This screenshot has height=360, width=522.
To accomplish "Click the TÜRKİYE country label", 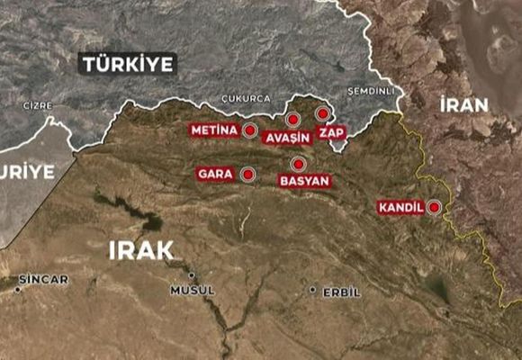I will [x=128, y=64].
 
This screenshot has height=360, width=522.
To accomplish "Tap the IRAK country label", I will [x=140, y=250].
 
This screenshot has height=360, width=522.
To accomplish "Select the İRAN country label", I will [x=463, y=104].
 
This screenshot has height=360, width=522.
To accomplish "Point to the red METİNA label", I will [x=213, y=130].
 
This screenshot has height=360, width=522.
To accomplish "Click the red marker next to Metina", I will [x=250, y=130].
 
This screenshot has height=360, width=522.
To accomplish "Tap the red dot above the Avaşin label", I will [x=292, y=119].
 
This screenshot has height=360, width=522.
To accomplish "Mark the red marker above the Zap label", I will [x=322, y=114].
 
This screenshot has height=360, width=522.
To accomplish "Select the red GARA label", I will [x=215, y=173].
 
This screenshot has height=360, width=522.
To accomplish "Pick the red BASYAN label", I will [x=305, y=181].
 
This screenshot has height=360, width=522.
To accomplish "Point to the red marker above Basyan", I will [x=297, y=163].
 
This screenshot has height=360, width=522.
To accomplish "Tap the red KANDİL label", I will [x=400, y=208].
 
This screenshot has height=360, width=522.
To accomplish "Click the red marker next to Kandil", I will [x=436, y=208].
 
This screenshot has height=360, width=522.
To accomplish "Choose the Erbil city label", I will [x=341, y=292].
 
